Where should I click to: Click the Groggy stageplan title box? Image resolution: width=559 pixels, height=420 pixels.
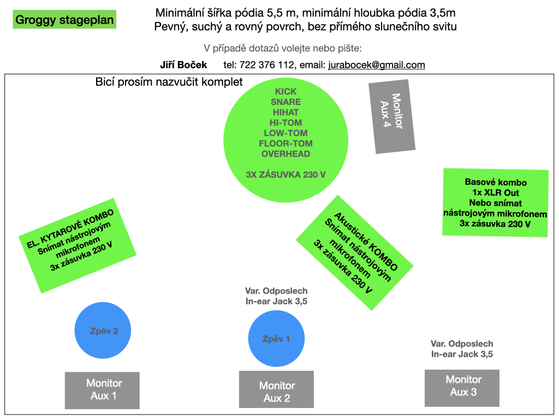[64, 19]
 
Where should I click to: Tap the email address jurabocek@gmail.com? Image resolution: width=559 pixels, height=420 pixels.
[377, 65]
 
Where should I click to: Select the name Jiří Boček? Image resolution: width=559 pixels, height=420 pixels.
[183, 65]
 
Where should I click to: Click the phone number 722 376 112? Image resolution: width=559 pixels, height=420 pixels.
[266, 65]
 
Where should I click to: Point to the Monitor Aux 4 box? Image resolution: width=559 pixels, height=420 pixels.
[392, 116]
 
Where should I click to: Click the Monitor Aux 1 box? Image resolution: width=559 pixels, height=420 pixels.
[102, 390]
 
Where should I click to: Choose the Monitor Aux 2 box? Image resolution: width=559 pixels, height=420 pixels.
[276, 389]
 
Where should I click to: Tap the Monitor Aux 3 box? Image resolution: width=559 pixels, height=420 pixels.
[462, 388]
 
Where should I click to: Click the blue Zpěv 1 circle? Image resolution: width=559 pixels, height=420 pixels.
[276, 338]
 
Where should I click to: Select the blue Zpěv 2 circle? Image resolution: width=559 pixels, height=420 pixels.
[103, 330]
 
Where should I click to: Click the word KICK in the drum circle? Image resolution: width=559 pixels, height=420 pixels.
[286, 91]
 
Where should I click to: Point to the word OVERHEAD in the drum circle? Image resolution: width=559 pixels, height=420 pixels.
[286, 154]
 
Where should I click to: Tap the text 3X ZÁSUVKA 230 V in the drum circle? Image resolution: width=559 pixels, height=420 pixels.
[286, 174]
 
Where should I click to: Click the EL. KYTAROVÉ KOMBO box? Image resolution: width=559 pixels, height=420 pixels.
[78, 246]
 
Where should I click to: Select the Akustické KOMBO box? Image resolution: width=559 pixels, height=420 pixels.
[355, 253]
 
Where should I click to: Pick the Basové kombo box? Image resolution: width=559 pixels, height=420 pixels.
[495, 203]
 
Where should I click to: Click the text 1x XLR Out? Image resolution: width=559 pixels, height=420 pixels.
[496, 192]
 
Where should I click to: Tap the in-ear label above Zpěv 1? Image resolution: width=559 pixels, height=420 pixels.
[276, 296]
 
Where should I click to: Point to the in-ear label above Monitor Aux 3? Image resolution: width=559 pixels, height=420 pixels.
[462, 349]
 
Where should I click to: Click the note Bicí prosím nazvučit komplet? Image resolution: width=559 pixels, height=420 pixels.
[169, 82]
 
